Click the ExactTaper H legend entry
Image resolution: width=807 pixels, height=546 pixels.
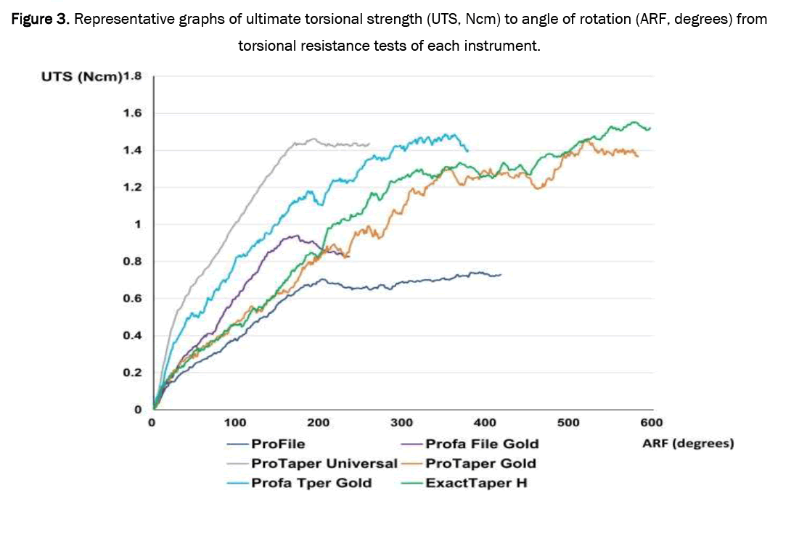point(476,483)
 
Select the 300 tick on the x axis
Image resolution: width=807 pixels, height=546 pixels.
point(401,422)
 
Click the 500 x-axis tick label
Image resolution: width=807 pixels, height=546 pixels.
point(568,422)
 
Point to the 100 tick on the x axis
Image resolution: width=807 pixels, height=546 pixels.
point(235,422)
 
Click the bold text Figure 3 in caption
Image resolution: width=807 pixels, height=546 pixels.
point(41,19)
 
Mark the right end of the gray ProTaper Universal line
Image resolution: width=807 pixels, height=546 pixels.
point(369,144)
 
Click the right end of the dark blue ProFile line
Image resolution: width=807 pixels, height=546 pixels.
point(501,275)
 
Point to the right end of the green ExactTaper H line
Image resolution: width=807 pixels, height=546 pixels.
point(650,128)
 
